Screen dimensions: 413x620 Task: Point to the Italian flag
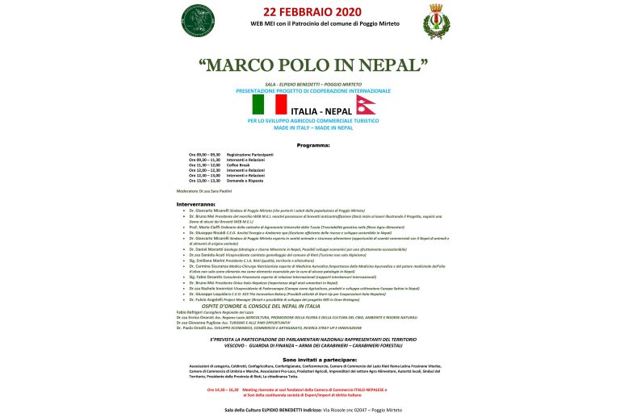(269, 105)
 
